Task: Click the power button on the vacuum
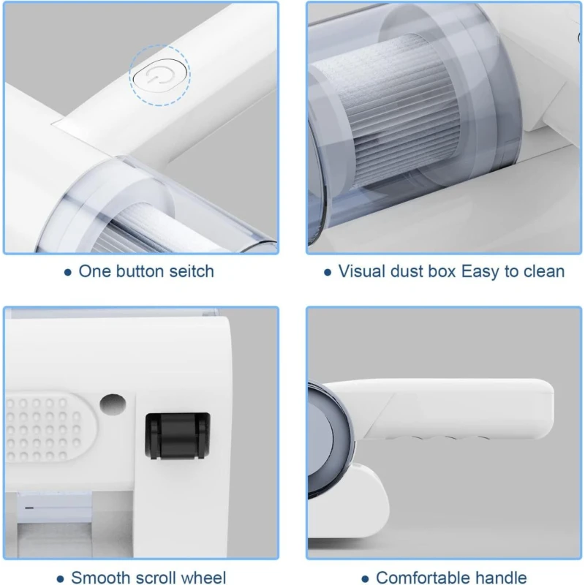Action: [x=159, y=76]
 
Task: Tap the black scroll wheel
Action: [x=177, y=436]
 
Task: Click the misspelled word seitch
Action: [x=192, y=271]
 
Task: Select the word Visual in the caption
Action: [x=361, y=271]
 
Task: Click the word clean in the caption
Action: [x=544, y=271]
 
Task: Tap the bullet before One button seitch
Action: [x=67, y=272]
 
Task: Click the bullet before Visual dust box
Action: [x=328, y=272]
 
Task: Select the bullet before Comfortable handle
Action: [x=366, y=579]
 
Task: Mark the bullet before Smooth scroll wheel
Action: [x=60, y=579]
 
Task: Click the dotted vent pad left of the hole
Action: [x=48, y=426]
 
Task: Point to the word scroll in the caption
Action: [x=152, y=577]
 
